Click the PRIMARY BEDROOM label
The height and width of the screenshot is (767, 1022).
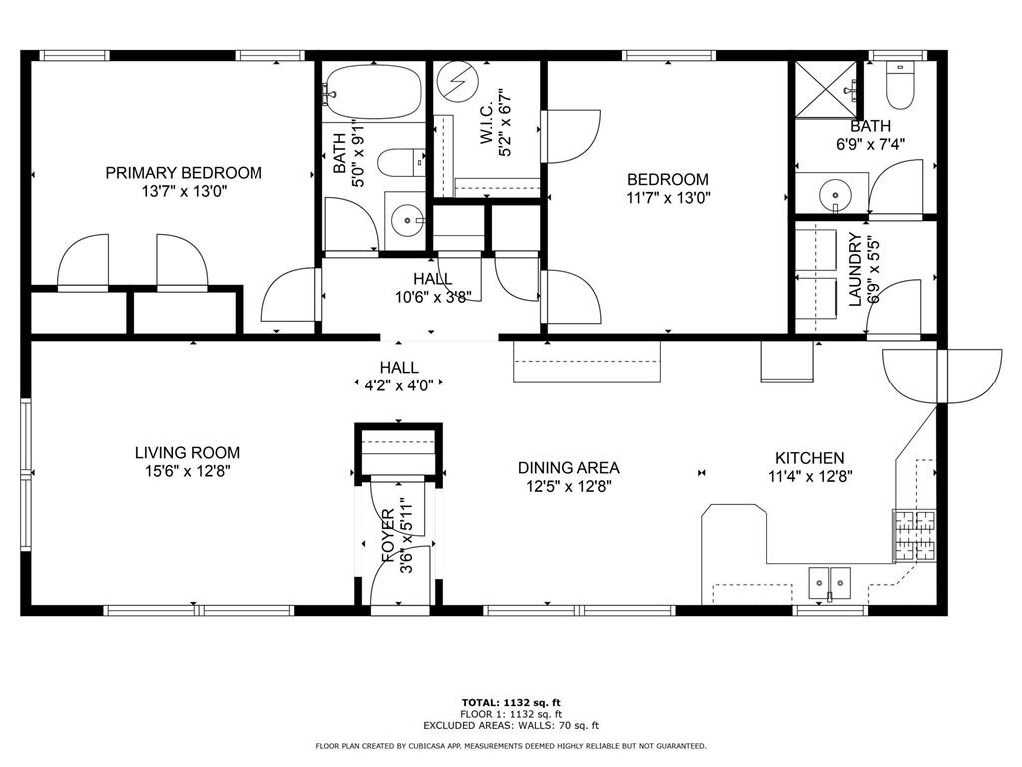[x=184, y=173]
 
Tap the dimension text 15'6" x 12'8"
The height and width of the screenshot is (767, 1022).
[x=187, y=471]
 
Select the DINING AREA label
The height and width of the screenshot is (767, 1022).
[x=568, y=467]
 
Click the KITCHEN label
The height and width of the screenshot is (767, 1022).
[x=809, y=457]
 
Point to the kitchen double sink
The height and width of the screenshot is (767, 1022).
[x=829, y=579]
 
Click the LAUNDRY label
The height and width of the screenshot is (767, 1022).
[x=854, y=269]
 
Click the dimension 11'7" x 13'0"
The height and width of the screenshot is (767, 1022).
[x=667, y=198]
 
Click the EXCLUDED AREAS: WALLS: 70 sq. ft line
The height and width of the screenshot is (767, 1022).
[x=510, y=726]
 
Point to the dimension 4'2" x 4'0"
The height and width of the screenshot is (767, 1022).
[x=399, y=383]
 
